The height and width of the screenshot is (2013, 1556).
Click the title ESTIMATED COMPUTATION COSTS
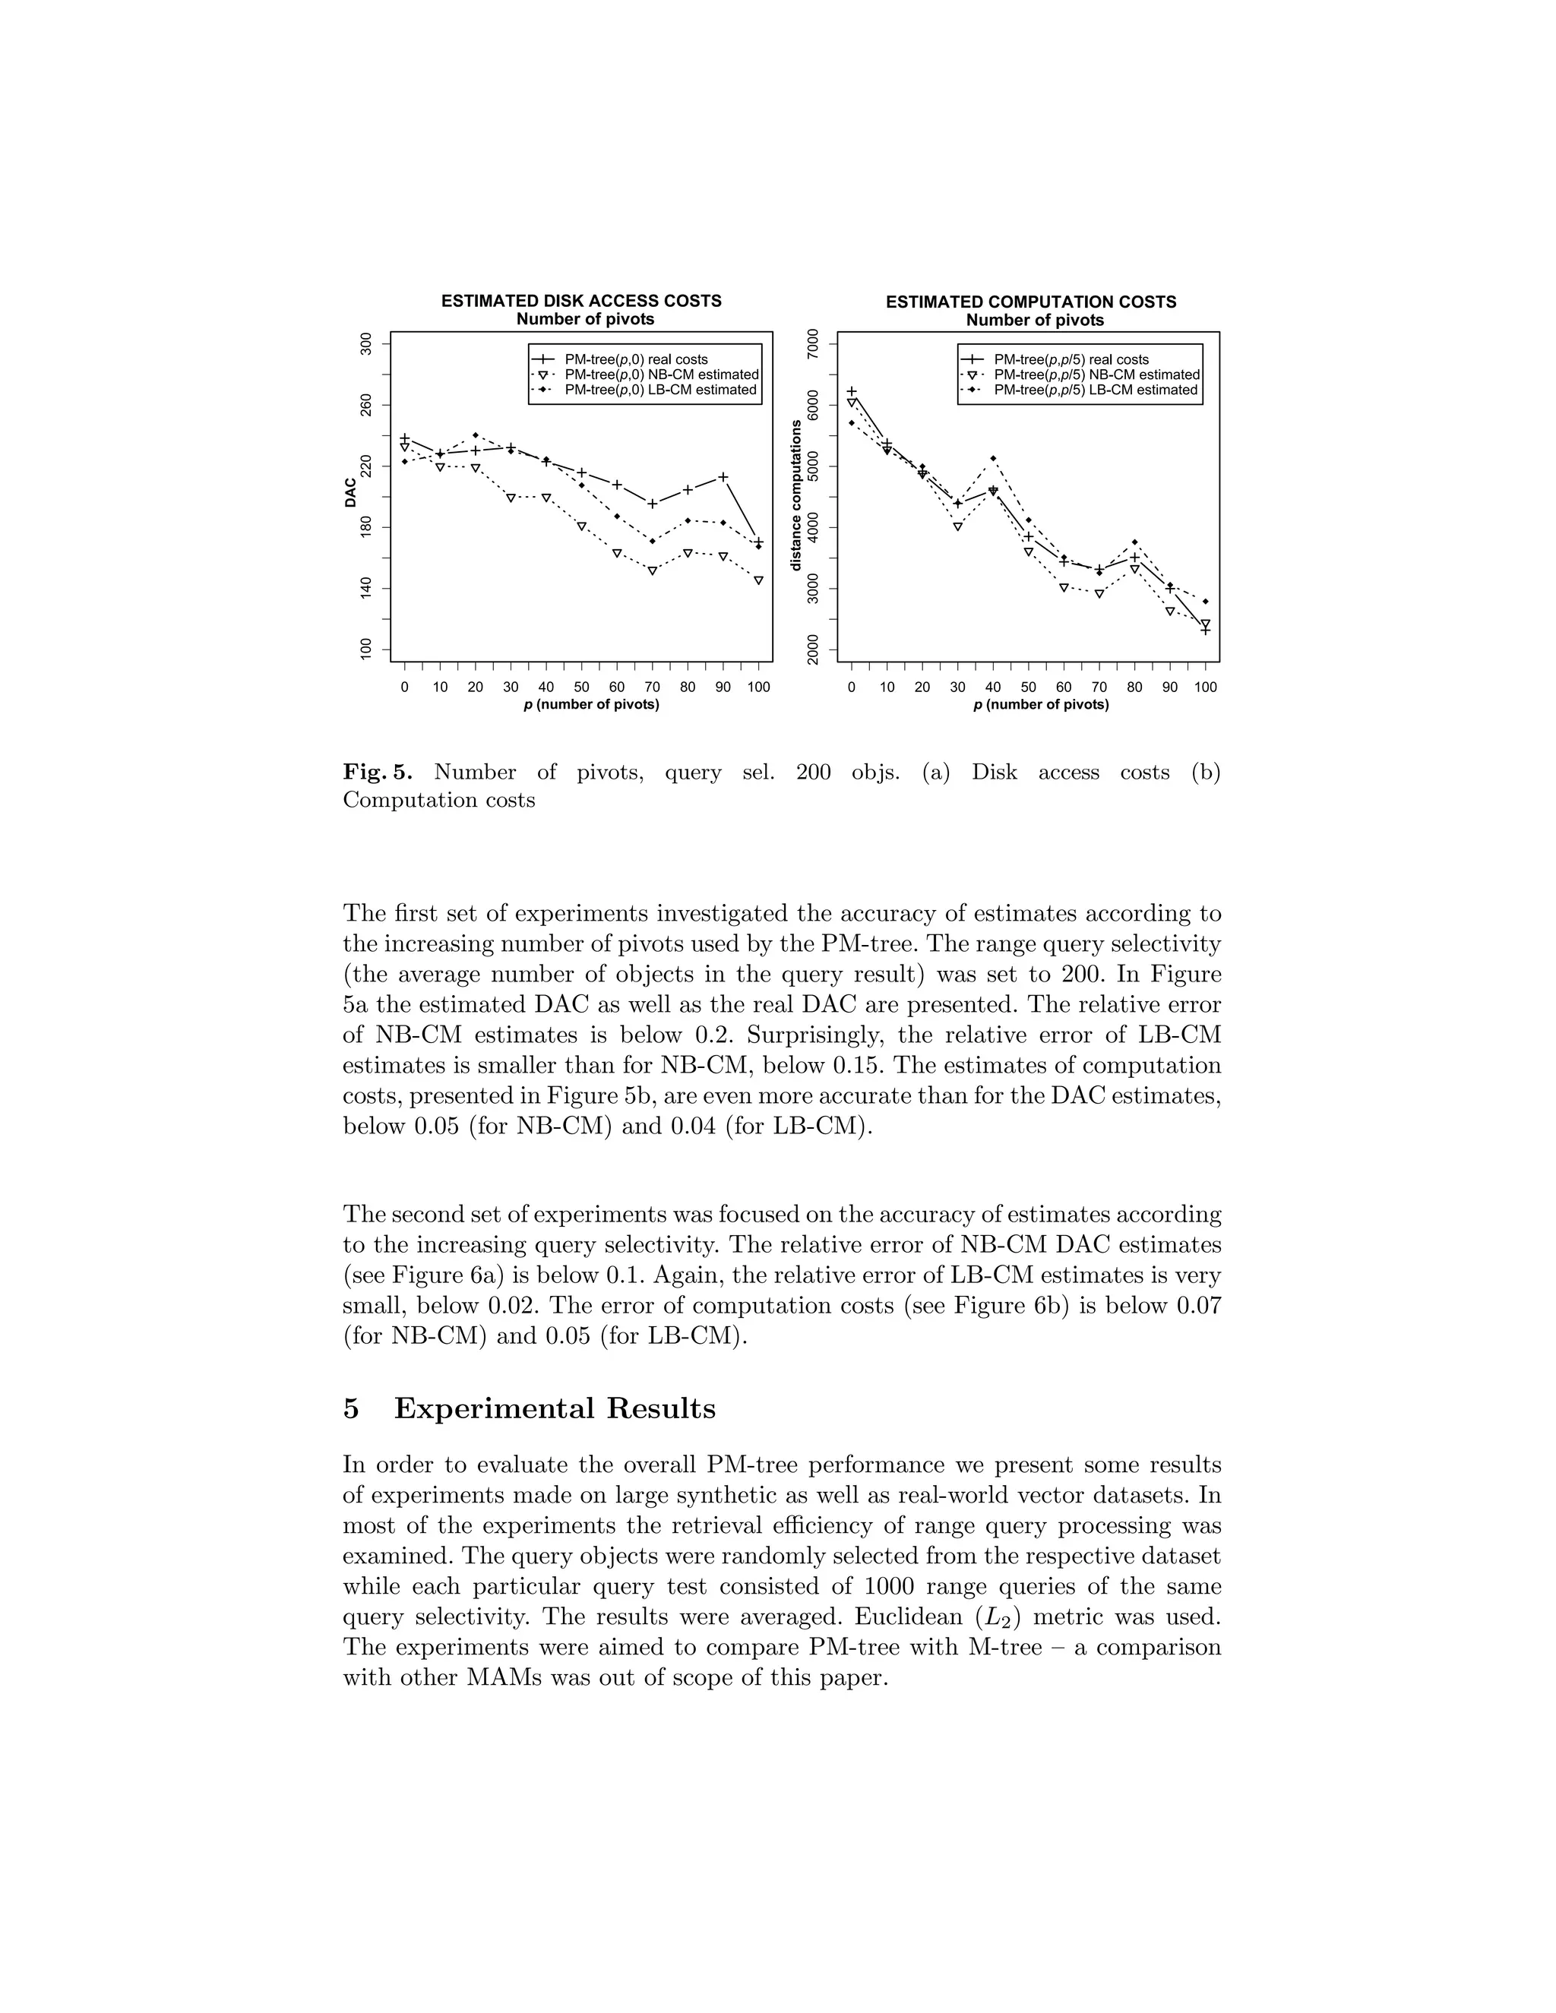click(x=1030, y=302)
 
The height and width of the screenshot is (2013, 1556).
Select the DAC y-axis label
click(x=351, y=493)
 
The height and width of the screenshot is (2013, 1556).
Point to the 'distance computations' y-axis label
click(x=797, y=495)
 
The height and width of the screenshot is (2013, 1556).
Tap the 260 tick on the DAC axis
click(x=367, y=405)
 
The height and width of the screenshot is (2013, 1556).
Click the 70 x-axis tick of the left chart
click(x=652, y=687)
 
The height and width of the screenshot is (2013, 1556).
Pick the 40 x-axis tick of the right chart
click(x=993, y=687)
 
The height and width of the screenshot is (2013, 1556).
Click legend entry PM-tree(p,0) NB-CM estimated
click(x=661, y=375)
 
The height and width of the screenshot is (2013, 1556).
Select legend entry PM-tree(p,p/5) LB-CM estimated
click(x=1095, y=390)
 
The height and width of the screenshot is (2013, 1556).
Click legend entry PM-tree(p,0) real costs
click(x=636, y=359)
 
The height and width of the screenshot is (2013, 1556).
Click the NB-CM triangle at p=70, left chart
click(x=652, y=570)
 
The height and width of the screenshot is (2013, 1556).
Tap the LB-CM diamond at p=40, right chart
click(x=993, y=458)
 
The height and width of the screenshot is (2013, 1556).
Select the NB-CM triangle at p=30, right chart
click(x=958, y=527)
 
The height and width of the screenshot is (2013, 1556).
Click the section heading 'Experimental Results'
click(x=554, y=1408)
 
